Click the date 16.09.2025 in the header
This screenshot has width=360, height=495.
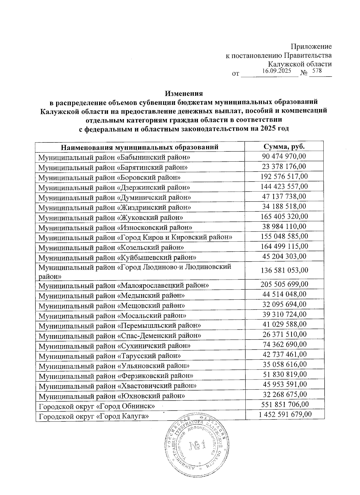[x=276, y=71]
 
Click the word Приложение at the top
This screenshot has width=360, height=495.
[x=312, y=46]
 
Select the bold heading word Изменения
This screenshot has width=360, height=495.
[x=184, y=94]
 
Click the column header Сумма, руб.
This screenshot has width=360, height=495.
[x=284, y=147]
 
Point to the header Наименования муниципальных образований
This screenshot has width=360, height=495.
[x=139, y=147]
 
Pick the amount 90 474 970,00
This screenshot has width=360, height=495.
[x=284, y=156]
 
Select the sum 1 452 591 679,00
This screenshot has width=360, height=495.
[x=285, y=415]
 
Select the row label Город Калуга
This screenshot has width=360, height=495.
[x=94, y=416]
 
